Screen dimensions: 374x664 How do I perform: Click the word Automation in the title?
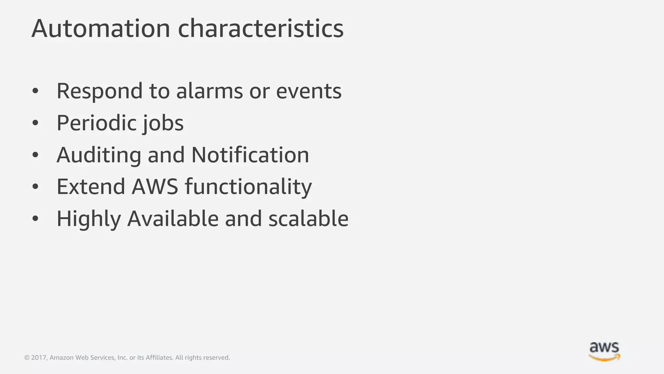coord(101,29)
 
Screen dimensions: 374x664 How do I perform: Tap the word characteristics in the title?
coord(261,29)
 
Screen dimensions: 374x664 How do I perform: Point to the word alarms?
coord(209,91)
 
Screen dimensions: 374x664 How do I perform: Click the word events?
coord(309,91)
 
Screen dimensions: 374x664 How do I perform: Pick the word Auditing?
coord(99,155)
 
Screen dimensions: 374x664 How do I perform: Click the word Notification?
coord(250,155)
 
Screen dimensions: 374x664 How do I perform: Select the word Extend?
coord(91,187)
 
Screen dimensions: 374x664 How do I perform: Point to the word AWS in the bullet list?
coord(155,187)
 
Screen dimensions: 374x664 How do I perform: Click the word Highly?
coord(89,219)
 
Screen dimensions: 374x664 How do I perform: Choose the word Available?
coord(173,218)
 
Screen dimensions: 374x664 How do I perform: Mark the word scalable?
coord(308,218)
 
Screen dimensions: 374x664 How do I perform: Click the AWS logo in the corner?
coord(604,351)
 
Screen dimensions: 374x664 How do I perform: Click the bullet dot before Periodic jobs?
coord(35,123)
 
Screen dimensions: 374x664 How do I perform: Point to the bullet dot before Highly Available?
coord(35,218)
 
